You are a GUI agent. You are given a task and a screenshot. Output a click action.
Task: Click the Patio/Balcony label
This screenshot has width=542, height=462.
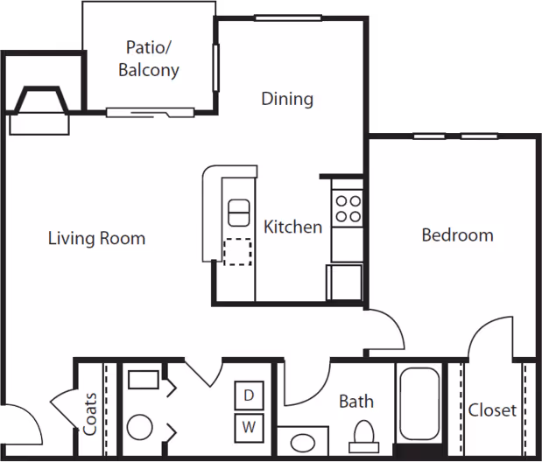[x=149, y=59]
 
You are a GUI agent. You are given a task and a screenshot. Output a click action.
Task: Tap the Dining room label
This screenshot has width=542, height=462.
[x=287, y=99]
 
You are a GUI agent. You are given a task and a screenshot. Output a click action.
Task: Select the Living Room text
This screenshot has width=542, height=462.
[x=96, y=238]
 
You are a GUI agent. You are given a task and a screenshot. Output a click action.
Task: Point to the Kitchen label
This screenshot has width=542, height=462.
[x=293, y=227]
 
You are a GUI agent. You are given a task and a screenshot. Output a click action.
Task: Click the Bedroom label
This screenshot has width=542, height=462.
[x=457, y=235]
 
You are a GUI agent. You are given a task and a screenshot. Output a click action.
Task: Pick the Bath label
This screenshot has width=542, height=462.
[x=356, y=402]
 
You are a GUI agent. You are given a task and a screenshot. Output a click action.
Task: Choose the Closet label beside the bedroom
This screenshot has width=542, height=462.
[x=492, y=410]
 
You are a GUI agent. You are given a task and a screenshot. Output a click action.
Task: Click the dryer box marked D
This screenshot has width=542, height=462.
[x=249, y=395]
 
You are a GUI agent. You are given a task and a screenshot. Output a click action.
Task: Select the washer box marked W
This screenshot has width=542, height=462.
[x=249, y=428]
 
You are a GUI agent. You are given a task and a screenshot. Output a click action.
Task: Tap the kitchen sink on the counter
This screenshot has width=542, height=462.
[x=239, y=213]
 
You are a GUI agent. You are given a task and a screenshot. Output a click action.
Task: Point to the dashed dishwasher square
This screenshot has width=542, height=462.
[x=237, y=251]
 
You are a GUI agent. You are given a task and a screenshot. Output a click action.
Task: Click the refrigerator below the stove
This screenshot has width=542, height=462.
[x=343, y=283]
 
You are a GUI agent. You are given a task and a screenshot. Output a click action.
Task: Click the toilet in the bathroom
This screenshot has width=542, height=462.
[x=363, y=434]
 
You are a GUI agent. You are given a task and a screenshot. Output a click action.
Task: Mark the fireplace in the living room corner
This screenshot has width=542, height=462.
[x=39, y=109]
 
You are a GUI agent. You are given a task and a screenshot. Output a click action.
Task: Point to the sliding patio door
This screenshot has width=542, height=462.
[x=150, y=112]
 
